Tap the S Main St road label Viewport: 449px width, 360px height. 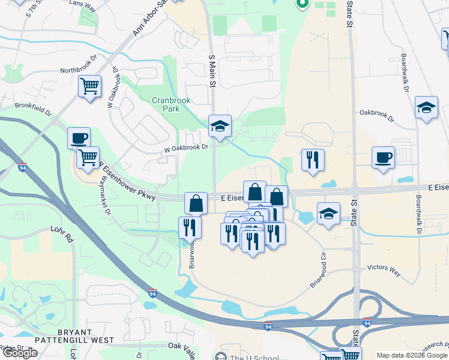click(x=211, y=70)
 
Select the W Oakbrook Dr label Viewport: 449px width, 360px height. click(x=187, y=146)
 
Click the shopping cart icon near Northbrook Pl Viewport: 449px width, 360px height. click(x=89, y=86)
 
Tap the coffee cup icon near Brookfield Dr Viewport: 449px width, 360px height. click(x=79, y=138)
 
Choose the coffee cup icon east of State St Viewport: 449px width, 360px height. click(x=383, y=157)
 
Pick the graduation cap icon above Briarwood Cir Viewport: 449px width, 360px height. click(x=328, y=213)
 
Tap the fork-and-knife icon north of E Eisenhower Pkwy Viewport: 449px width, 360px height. click(x=313, y=160)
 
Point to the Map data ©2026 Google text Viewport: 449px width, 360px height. click(x=411, y=355)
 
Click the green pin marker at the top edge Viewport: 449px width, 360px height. click(x=302, y=5)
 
